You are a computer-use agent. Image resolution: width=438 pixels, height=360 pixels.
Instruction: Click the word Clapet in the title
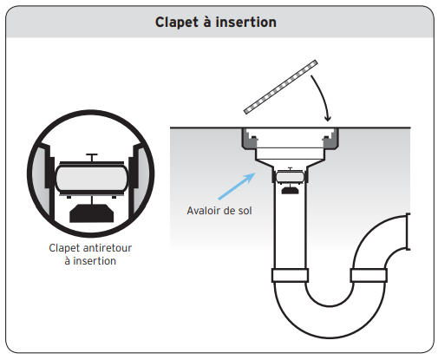[177, 23]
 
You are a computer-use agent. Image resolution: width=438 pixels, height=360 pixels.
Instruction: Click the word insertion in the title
[246, 23]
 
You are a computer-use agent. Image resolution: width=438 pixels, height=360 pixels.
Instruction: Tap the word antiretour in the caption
[107, 248]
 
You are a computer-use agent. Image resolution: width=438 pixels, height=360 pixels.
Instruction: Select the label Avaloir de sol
[219, 211]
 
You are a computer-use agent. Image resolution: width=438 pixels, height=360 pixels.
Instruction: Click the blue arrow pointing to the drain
[237, 186]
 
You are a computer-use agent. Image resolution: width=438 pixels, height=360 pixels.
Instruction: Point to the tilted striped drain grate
[280, 87]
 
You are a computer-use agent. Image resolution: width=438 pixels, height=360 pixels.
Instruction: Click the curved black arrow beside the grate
[323, 97]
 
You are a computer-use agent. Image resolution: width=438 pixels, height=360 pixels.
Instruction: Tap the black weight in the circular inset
[92, 213]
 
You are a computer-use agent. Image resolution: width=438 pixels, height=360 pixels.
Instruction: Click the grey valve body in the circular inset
[92, 178]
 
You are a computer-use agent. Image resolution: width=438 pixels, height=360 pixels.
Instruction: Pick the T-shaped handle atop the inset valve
[92, 158]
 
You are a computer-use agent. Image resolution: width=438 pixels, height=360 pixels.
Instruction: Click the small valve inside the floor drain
[290, 176]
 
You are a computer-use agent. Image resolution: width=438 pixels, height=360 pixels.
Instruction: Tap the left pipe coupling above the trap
[290, 275]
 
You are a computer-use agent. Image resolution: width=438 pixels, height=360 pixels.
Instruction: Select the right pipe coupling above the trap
[369, 275]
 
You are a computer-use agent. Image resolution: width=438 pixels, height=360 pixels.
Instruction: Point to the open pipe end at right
[408, 232]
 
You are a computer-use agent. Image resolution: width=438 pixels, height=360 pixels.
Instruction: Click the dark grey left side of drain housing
[249, 139]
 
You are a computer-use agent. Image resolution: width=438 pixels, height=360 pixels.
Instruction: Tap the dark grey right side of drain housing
[330, 139]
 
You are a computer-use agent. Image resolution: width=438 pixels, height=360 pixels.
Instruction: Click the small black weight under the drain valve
[290, 190]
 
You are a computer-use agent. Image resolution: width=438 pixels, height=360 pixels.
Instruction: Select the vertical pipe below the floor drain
[290, 226]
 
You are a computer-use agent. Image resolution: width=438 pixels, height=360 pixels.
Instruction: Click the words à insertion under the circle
[90, 261]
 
